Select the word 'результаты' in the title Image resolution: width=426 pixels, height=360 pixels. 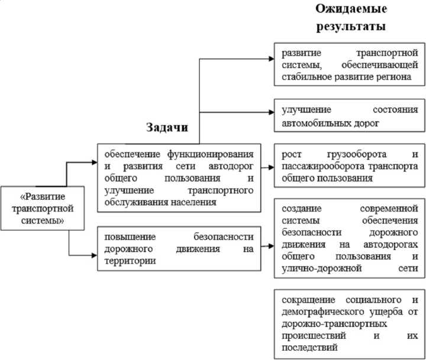pos(351,27)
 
